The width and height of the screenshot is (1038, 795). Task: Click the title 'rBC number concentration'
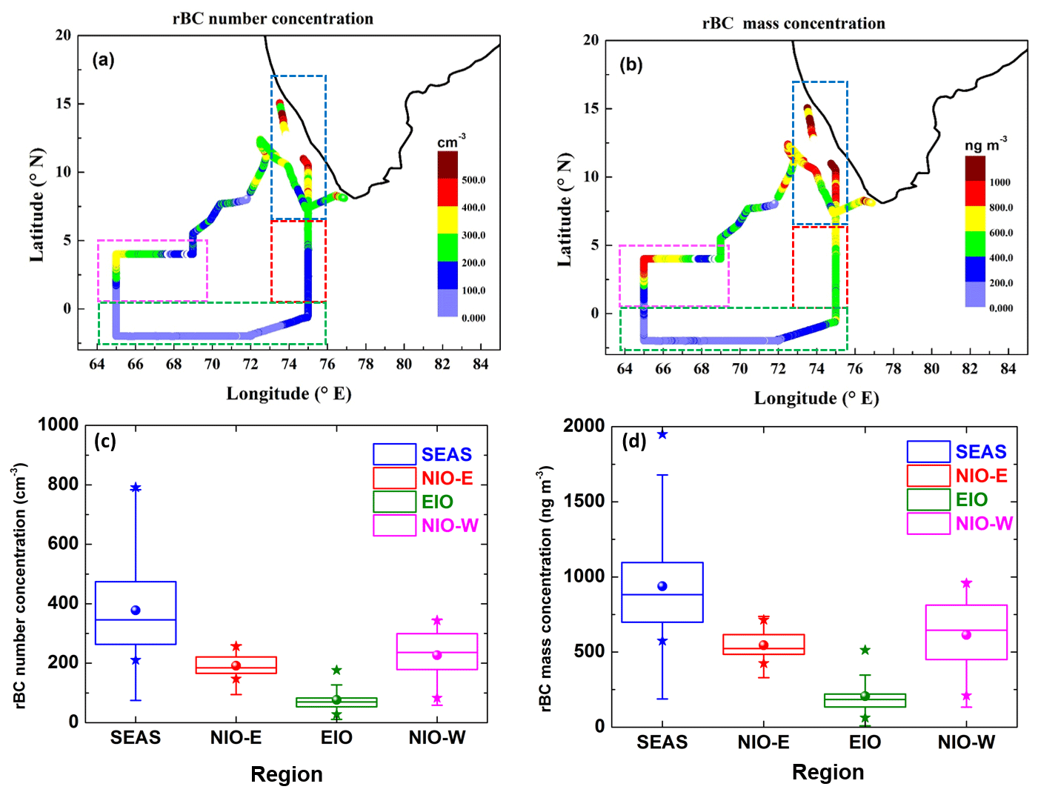click(273, 19)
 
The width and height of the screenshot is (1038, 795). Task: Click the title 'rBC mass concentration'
click(794, 24)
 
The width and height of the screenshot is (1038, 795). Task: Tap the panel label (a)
click(103, 59)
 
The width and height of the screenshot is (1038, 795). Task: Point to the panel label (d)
click(634, 442)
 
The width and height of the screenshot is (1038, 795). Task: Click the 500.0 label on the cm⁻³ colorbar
click(473, 180)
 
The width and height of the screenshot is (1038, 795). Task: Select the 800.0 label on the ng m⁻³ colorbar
click(1001, 207)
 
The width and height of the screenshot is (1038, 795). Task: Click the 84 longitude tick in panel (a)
click(481, 364)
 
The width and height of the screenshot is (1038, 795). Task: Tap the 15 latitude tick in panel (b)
click(591, 108)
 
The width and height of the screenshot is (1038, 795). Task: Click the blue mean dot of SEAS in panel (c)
click(136, 610)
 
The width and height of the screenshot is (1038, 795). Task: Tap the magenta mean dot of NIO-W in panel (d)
click(966, 635)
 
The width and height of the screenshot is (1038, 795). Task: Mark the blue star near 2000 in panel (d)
click(662, 434)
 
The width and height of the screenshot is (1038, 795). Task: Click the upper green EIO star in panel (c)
click(336, 670)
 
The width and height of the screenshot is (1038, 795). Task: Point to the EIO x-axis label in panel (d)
click(865, 742)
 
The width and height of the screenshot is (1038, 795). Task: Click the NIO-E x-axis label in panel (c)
click(236, 737)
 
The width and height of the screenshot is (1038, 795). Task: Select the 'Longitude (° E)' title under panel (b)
click(816, 399)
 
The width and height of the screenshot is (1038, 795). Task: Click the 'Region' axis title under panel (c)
click(287, 774)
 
